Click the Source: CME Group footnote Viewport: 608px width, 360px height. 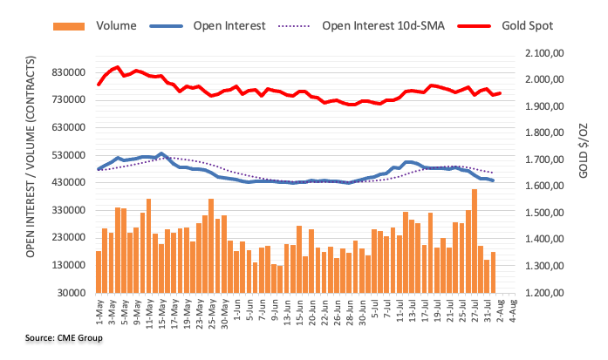(x=65, y=337)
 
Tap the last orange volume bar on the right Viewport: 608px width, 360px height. (x=493, y=272)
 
